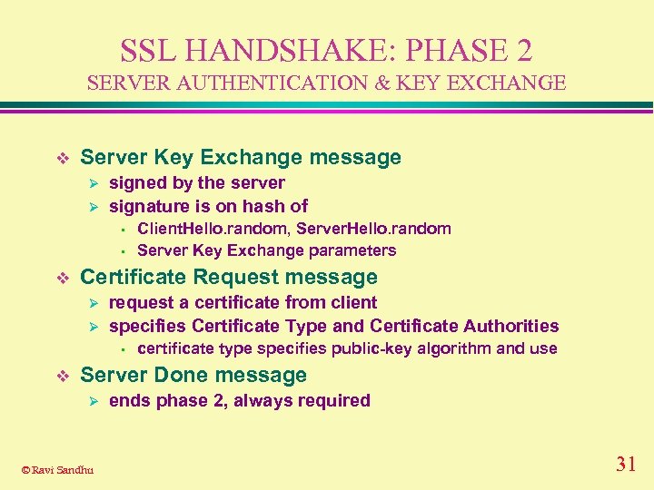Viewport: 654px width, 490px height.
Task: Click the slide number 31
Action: pyautogui.click(x=625, y=465)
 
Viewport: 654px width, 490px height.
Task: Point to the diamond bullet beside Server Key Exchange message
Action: pyautogui.click(x=62, y=158)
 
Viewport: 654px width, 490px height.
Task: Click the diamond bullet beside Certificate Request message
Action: pyautogui.click(x=62, y=278)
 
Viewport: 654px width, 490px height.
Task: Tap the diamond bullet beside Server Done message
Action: pyautogui.click(x=62, y=376)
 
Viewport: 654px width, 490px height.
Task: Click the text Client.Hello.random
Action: pyautogui.click(x=213, y=229)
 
